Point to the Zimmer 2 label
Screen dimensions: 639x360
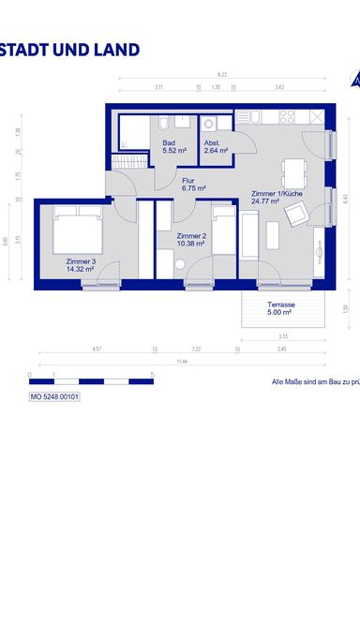point(191,238)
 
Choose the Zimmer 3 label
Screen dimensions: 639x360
point(82,264)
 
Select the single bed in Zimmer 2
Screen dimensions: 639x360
point(223,231)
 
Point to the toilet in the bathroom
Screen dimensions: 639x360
point(164,124)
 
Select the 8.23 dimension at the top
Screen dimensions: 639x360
point(221,74)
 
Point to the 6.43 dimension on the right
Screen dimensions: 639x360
point(346,198)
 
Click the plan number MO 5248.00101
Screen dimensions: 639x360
point(55,397)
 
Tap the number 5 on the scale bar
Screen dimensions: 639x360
point(152,374)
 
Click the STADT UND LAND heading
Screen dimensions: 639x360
point(70,51)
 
